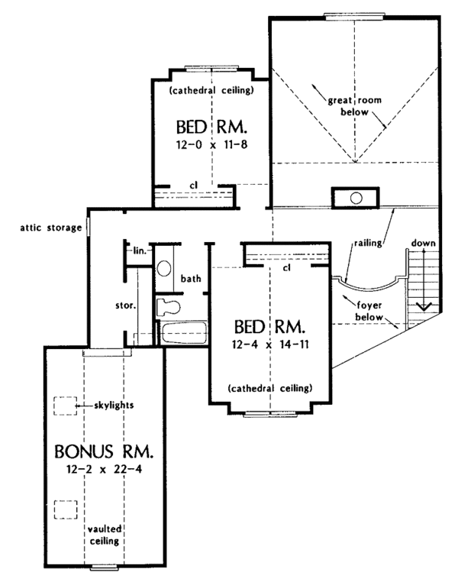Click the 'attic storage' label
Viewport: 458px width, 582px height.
pyautogui.click(x=51, y=227)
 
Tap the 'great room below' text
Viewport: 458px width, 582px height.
pyautogui.click(x=349, y=106)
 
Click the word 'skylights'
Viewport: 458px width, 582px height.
pyautogui.click(x=115, y=405)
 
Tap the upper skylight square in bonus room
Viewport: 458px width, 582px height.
pyautogui.click(x=64, y=405)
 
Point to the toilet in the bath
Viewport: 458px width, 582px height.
pyautogui.click(x=166, y=308)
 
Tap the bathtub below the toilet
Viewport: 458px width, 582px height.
pyautogui.click(x=183, y=335)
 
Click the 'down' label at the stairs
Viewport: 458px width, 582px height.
pyautogui.click(x=424, y=243)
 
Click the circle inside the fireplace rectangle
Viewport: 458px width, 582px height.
pyautogui.click(x=356, y=198)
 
